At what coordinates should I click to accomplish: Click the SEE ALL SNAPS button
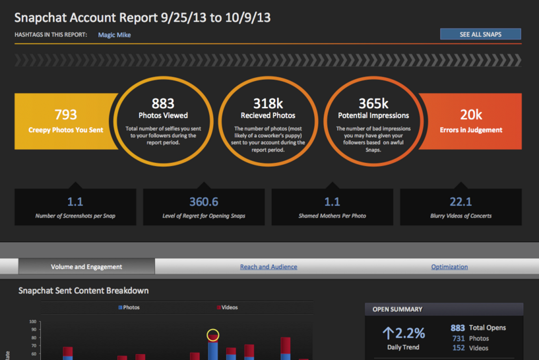480,34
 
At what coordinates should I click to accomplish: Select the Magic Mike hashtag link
114,35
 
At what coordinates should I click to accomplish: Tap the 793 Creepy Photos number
66,114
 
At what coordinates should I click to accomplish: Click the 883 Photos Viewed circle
162,103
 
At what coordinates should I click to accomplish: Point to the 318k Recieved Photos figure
269,103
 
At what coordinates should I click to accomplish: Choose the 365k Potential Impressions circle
374,103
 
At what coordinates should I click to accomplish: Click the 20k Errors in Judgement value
471,114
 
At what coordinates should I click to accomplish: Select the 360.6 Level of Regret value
203,202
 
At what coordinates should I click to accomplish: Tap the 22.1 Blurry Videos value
460,202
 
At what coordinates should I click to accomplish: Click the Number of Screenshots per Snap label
75,216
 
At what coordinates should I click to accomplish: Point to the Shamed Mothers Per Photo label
332,216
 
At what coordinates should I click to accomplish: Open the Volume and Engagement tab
86,267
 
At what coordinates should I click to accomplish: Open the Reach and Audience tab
268,267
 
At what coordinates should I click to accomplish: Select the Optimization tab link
449,267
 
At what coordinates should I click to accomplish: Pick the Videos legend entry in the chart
227,307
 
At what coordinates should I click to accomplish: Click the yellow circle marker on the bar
212,335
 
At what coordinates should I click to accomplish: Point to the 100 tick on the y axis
33,323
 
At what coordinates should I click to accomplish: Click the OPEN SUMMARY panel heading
397,309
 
